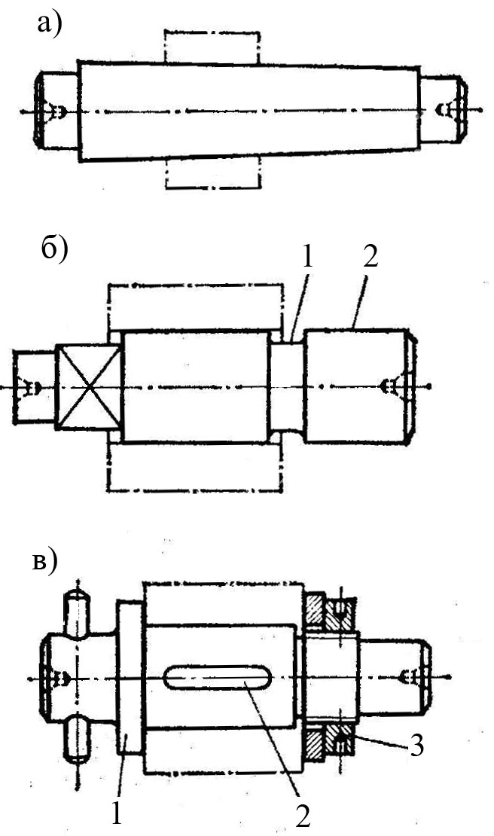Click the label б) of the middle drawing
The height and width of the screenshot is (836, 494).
coord(54,249)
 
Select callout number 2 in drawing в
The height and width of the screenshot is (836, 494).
coord(303,815)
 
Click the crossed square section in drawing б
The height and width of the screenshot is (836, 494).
coord(88,387)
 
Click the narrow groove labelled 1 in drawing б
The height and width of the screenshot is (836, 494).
coord(287,387)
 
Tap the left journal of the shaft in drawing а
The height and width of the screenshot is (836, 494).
coord(56,111)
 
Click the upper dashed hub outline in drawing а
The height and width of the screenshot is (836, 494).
coord(211,47)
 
